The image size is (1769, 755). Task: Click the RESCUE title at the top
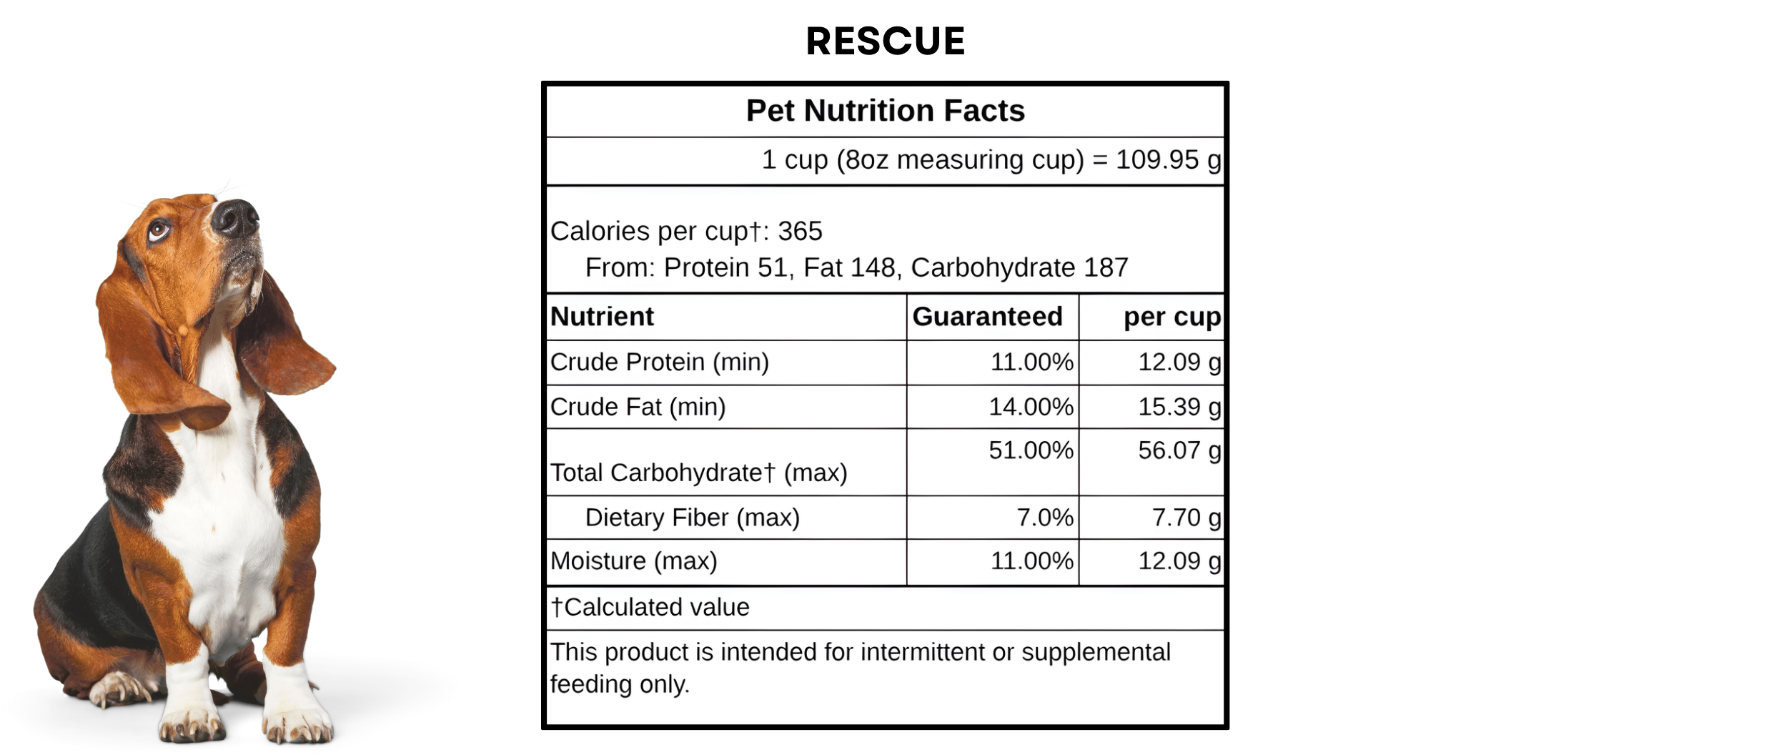885,41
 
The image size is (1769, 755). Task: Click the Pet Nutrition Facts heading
885,111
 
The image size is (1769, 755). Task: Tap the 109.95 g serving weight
1168,159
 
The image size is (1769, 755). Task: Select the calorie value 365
800,231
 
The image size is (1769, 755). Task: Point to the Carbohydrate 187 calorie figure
1019,267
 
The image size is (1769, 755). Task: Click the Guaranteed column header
987,316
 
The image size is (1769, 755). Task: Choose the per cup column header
1171,316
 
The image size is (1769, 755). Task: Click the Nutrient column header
602,316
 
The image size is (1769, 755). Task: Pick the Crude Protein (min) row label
659,362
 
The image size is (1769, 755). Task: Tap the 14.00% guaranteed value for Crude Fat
1031,406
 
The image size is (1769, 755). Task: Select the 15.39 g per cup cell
1179,406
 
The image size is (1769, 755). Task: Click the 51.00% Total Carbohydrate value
1031,450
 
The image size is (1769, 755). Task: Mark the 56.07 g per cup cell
1179,450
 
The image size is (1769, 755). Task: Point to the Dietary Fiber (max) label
692,517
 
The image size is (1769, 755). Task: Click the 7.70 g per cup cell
1186,517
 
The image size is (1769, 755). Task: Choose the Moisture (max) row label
633,561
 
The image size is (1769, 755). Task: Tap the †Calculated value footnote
650,607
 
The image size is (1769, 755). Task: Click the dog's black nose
236,217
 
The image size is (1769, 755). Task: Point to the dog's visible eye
158,230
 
